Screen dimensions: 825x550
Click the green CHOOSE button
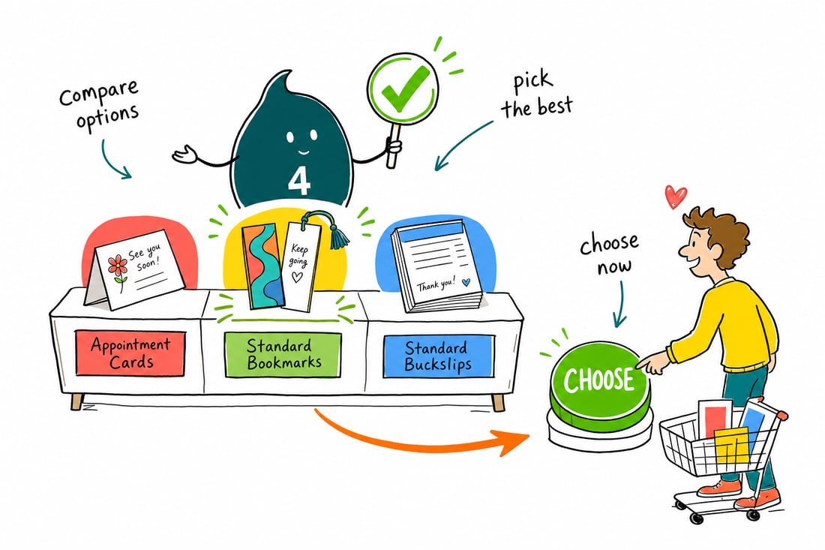(600, 380)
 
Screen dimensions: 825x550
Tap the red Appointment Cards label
(130, 353)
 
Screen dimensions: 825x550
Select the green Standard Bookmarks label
(283, 355)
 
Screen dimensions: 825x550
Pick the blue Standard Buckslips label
(438, 356)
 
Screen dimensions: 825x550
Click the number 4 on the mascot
(299, 182)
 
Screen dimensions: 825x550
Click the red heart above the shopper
(675, 197)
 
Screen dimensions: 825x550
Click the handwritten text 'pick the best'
(535, 96)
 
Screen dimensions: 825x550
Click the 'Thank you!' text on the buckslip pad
(436, 284)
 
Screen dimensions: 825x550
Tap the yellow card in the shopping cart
(731, 445)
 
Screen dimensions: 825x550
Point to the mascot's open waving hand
(184, 155)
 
